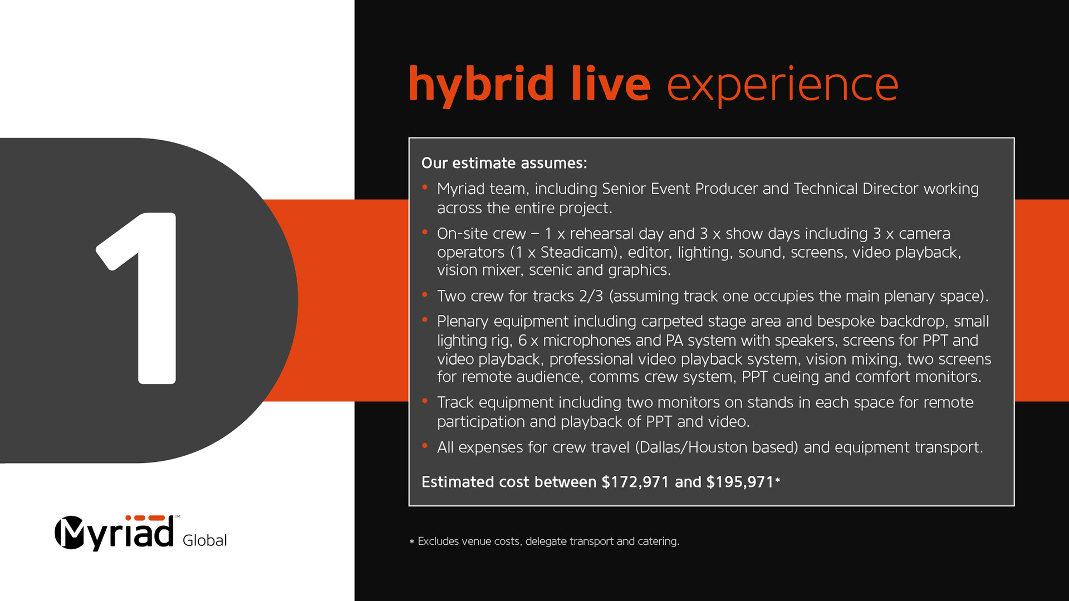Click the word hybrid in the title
click(481, 85)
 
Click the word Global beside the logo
click(204, 540)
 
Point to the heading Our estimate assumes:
click(504, 163)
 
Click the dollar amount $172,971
click(635, 482)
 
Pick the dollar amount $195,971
click(740, 482)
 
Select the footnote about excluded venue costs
click(544, 541)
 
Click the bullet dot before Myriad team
click(425, 188)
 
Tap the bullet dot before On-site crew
click(425, 232)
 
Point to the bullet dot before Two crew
click(425, 294)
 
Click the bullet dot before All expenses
click(425, 446)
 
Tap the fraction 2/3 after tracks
click(591, 296)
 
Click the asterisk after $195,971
click(777, 480)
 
